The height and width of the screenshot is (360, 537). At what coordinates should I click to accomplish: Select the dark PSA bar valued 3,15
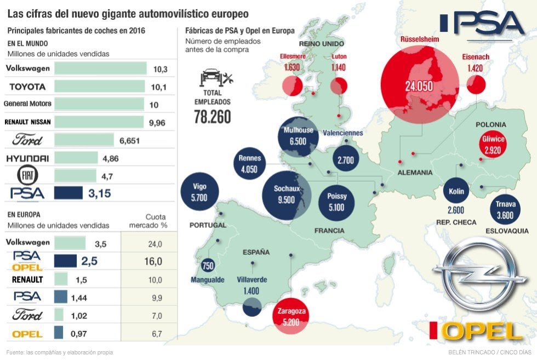[x=69, y=193]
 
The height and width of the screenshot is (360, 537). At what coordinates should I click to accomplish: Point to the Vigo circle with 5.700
[x=199, y=192]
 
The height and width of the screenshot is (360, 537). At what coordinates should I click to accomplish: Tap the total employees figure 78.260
[x=212, y=116]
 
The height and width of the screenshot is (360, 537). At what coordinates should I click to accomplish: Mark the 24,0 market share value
[x=155, y=244]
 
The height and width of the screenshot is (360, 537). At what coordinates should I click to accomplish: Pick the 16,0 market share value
[x=153, y=262]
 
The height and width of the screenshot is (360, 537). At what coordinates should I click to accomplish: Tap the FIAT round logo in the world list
[x=26, y=175]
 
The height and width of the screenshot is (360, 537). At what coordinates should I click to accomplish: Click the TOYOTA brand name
[x=27, y=87]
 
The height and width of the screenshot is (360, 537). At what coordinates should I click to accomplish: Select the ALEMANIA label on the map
[x=415, y=173]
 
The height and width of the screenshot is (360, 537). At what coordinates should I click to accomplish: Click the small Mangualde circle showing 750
[x=208, y=266]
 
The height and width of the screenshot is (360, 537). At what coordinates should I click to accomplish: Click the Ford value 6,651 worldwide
[x=129, y=141]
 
